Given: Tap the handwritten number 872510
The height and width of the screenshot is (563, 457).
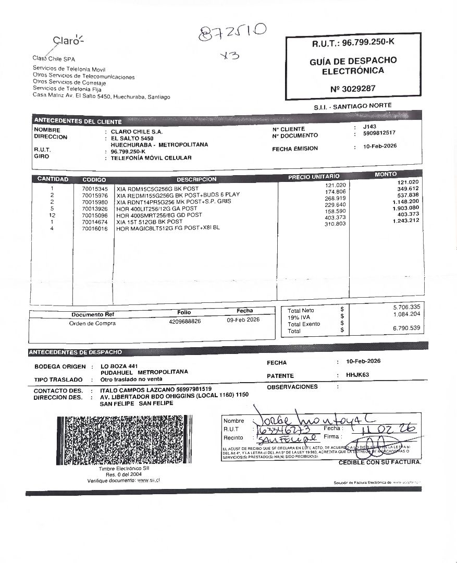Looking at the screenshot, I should (233, 33).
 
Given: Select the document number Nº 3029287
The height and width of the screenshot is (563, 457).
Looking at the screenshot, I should (353, 89).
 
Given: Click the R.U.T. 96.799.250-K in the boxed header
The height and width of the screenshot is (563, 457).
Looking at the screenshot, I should (353, 44).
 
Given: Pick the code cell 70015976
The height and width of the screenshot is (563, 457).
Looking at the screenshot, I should (95, 195).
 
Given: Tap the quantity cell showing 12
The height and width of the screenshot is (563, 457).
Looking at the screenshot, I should (52, 215).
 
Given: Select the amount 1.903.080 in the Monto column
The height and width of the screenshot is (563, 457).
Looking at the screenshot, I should (406, 208).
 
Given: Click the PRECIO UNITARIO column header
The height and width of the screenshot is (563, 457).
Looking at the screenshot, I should (314, 177).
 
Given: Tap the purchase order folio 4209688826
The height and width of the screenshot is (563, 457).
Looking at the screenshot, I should (185, 322).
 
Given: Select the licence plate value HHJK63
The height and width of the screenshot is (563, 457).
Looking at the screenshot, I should (357, 375).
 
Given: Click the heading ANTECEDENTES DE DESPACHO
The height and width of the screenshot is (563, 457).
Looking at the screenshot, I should (76, 352).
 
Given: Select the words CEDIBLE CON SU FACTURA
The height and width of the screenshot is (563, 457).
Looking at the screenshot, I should (380, 462).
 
